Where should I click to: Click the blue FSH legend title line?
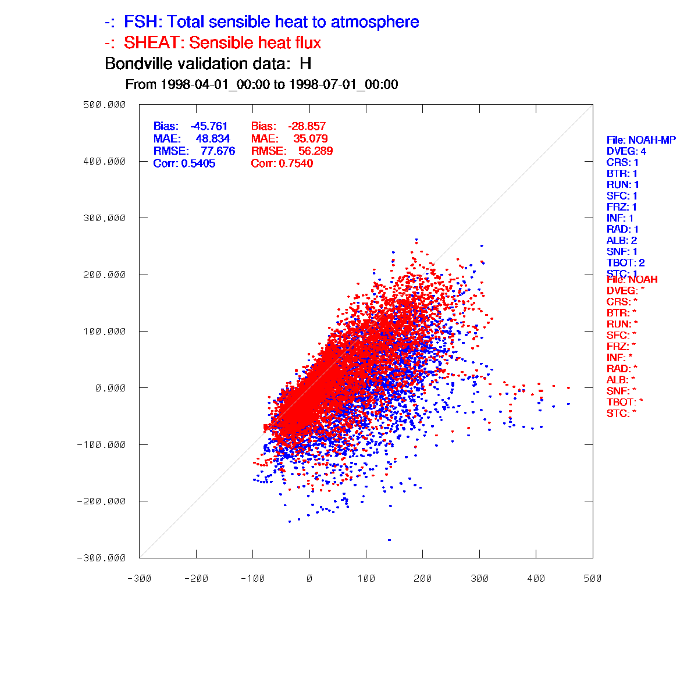click(262, 23)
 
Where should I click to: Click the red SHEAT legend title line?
click(213, 43)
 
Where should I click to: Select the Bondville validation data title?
click(208, 63)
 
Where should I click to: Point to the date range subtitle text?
click(262, 85)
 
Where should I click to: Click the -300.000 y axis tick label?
click(102, 558)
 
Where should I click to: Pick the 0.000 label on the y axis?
click(111, 388)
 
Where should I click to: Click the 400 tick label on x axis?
click(536, 579)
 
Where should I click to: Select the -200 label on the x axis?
click(196, 579)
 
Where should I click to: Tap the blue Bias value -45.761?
click(209, 126)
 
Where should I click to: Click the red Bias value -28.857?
click(307, 126)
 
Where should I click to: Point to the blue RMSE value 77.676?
click(218, 151)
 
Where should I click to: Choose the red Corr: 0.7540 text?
click(282, 164)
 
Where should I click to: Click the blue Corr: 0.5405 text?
click(184, 164)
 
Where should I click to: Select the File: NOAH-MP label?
click(641, 140)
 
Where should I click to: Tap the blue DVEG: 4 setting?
click(626, 151)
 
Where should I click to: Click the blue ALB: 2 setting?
click(622, 240)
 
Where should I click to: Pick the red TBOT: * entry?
click(625, 402)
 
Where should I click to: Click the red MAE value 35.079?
click(310, 139)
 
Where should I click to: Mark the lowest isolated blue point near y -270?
click(389, 540)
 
